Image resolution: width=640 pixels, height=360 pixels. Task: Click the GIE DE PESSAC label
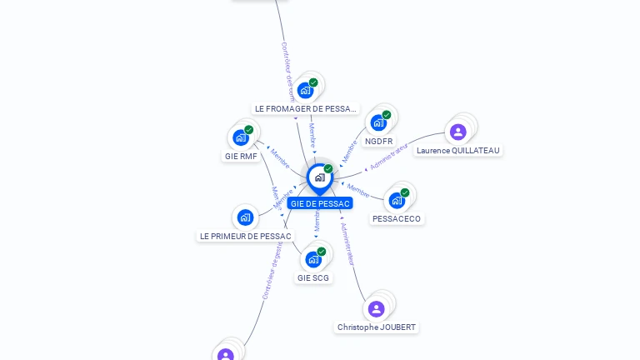(x=320, y=203)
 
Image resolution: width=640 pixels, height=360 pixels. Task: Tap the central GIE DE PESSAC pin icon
(x=319, y=177)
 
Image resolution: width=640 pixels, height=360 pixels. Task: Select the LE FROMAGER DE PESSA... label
(x=306, y=108)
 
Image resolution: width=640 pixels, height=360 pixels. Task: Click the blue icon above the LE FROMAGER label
(x=305, y=91)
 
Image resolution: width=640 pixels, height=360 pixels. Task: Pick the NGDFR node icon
(x=378, y=123)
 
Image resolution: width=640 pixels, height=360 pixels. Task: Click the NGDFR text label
(x=379, y=142)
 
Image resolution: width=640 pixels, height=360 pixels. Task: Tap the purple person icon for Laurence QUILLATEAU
(x=457, y=132)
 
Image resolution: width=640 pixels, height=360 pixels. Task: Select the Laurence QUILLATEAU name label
(x=458, y=151)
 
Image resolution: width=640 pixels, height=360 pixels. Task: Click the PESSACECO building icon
(x=397, y=200)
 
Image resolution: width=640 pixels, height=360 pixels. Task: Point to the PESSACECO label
(x=397, y=219)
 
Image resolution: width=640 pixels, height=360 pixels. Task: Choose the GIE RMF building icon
(x=241, y=137)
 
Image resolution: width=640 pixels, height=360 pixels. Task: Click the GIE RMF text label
(x=241, y=156)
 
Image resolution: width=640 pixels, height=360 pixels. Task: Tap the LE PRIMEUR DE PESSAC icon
(x=245, y=217)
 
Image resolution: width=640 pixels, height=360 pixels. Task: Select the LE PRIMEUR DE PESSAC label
(x=245, y=236)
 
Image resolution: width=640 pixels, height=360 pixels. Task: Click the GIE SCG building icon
(x=313, y=259)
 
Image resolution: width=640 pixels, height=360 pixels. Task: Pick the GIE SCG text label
(x=313, y=277)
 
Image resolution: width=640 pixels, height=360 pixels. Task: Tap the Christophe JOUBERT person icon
(x=377, y=309)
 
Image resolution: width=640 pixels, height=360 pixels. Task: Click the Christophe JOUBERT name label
(x=377, y=327)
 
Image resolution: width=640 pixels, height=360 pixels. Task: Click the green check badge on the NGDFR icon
(x=387, y=115)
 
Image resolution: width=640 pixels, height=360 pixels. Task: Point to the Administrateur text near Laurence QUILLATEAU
(x=389, y=157)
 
